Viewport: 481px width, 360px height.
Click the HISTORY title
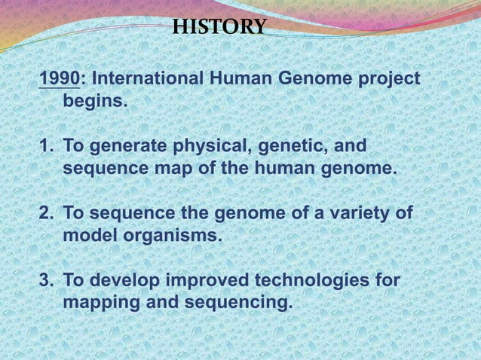point(219,28)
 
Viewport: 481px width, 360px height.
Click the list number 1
point(44,145)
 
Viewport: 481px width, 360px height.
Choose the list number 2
point(44,214)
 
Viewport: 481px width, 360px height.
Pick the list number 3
point(44,282)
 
